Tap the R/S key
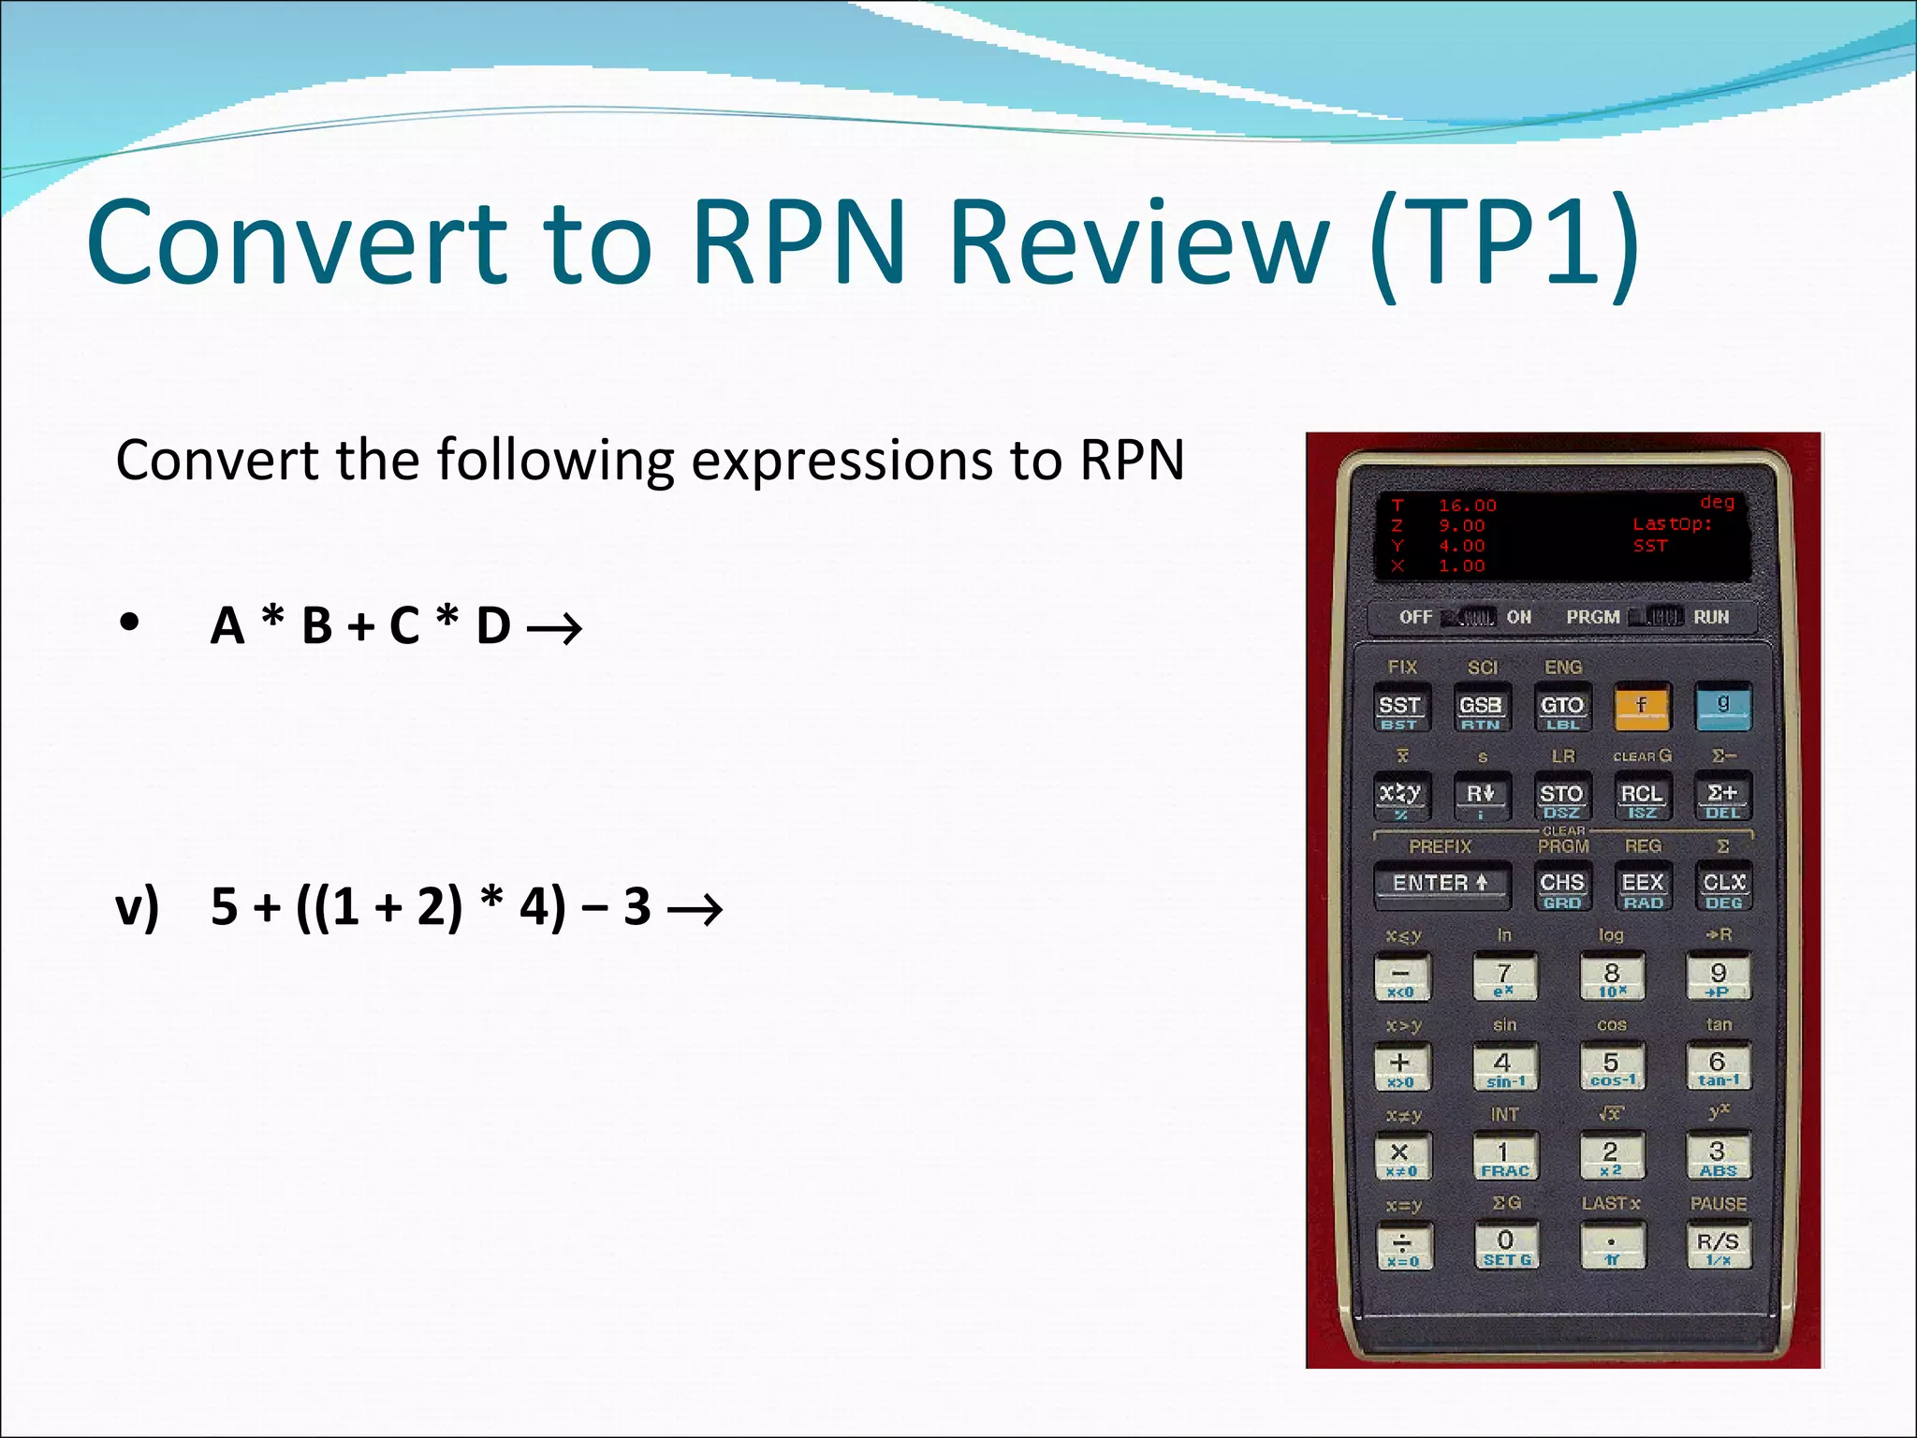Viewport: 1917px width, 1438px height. (x=1718, y=1245)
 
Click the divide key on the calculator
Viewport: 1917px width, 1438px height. (x=1402, y=1246)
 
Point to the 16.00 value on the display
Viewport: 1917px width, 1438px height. (x=1467, y=506)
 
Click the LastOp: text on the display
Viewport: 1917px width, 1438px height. (x=1672, y=524)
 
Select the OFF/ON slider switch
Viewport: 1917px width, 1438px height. (x=1469, y=617)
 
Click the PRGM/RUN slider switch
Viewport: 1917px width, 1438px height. (x=1656, y=617)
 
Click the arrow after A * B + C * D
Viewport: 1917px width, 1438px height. (x=554, y=628)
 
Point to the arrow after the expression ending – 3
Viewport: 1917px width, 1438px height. (x=695, y=909)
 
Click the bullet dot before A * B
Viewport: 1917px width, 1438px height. (x=129, y=623)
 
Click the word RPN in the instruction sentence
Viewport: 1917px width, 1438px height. (x=1132, y=461)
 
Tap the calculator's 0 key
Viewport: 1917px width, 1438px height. (x=1505, y=1246)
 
